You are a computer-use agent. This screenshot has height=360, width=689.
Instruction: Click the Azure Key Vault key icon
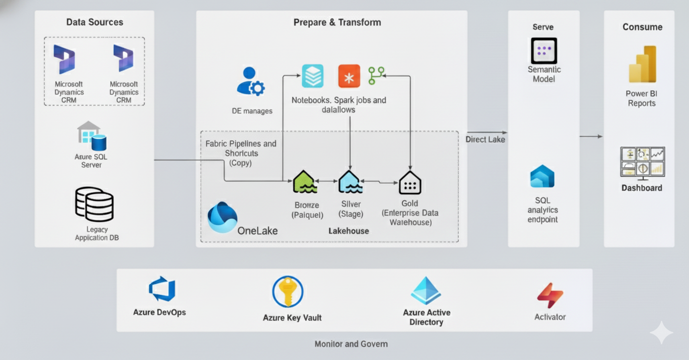pyautogui.click(x=288, y=292)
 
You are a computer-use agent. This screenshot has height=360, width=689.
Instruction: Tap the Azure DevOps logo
pyautogui.click(x=162, y=290)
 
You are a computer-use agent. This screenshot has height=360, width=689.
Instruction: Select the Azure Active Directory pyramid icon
pyautogui.click(x=426, y=291)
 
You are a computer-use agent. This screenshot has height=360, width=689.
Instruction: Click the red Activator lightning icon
pyautogui.click(x=550, y=295)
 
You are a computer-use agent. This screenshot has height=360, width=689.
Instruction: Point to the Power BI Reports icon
pyautogui.click(x=642, y=65)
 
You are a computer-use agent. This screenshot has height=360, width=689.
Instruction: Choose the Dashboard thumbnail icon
pyautogui.click(x=642, y=162)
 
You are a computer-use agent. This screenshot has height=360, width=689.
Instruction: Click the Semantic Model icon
pyautogui.click(x=544, y=51)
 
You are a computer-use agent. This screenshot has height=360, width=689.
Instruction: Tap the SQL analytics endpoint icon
pyautogui.click(x=542, y=177)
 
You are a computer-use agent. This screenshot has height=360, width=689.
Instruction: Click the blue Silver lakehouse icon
pyautogui.click(x=350, y=182)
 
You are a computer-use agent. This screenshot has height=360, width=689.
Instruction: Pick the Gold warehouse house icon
pyautogui.click(x=410, y=183)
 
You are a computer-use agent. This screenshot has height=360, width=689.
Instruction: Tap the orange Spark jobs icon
pyautogui.click(x=349, y=76)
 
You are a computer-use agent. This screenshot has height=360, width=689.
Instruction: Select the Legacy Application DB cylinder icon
pyautogui.click(x=94, y=204)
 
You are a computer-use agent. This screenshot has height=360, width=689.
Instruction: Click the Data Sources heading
pyautogui.click(x=94, y=22)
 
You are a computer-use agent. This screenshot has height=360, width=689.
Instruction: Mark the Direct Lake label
pyautogui.click(x=485, y=139)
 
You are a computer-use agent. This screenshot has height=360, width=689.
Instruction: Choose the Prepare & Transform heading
pyautogui.click(x=337, y=22)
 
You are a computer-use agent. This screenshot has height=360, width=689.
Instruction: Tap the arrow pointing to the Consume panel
pyautogui.click(x=591, y=136)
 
